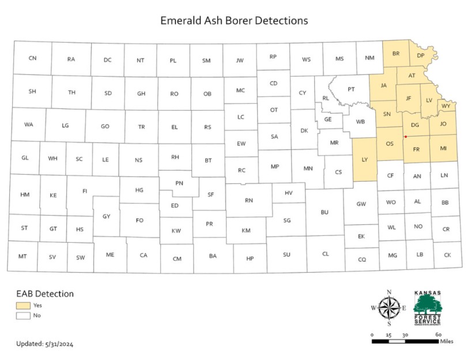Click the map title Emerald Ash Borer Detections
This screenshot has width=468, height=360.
(x=234, y=21)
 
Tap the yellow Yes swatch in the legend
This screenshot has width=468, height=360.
(x=24, y=305)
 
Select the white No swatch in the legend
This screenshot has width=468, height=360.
(x=24, y=316)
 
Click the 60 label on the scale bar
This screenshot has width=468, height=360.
(x=438, y=335)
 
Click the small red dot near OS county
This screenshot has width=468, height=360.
(x=406, y=137)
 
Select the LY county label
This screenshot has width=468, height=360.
(x=364, y=159)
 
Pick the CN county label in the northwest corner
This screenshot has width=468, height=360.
(x=32, y=58)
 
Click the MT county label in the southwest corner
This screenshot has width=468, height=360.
(x=23, y=256)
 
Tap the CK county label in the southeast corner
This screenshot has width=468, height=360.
(x=447, y=254)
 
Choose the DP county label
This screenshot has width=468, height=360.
(x=421, y=55)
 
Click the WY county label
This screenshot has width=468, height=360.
(x=446, y=107)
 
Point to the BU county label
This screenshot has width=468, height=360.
(x=324, y=212)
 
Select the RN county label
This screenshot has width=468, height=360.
(x=249, y=200)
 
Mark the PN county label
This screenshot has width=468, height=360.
(x=179, y=183)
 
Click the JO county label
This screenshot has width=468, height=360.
(x=443, y=123)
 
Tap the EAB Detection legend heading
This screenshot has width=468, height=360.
(x=45, y=294)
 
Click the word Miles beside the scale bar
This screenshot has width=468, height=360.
(x=447, y=342)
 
